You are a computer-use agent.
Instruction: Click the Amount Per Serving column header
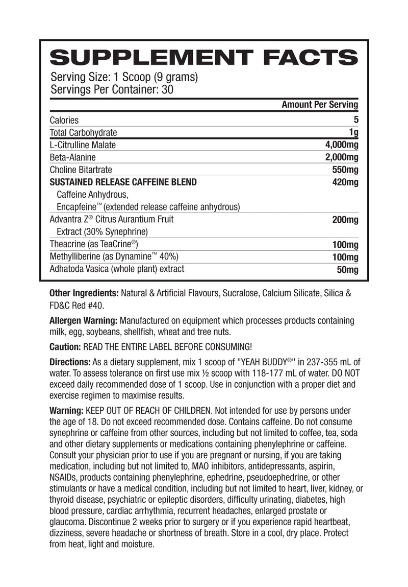pyautogui.click(x=320, y=105)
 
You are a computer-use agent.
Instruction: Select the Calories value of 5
pyautogui.click(x=356, y=120)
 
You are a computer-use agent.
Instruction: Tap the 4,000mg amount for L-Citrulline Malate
pyautogui.click(x=338, y=145)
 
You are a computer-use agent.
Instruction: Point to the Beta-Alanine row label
pyautogui.click(x=72, y=157)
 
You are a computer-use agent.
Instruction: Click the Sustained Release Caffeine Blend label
pyautogui.click(x=123, y=182)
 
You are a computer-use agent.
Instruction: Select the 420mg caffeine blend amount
pyautogui.click(x=344, y=182)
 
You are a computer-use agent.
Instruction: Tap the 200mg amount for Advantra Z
pyautogui.click(x=344, y=220)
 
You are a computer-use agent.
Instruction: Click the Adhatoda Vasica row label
pyautogui.click(x=117, y=269)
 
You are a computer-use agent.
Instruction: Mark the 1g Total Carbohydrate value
pyautogui.click(x=353, y=133)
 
